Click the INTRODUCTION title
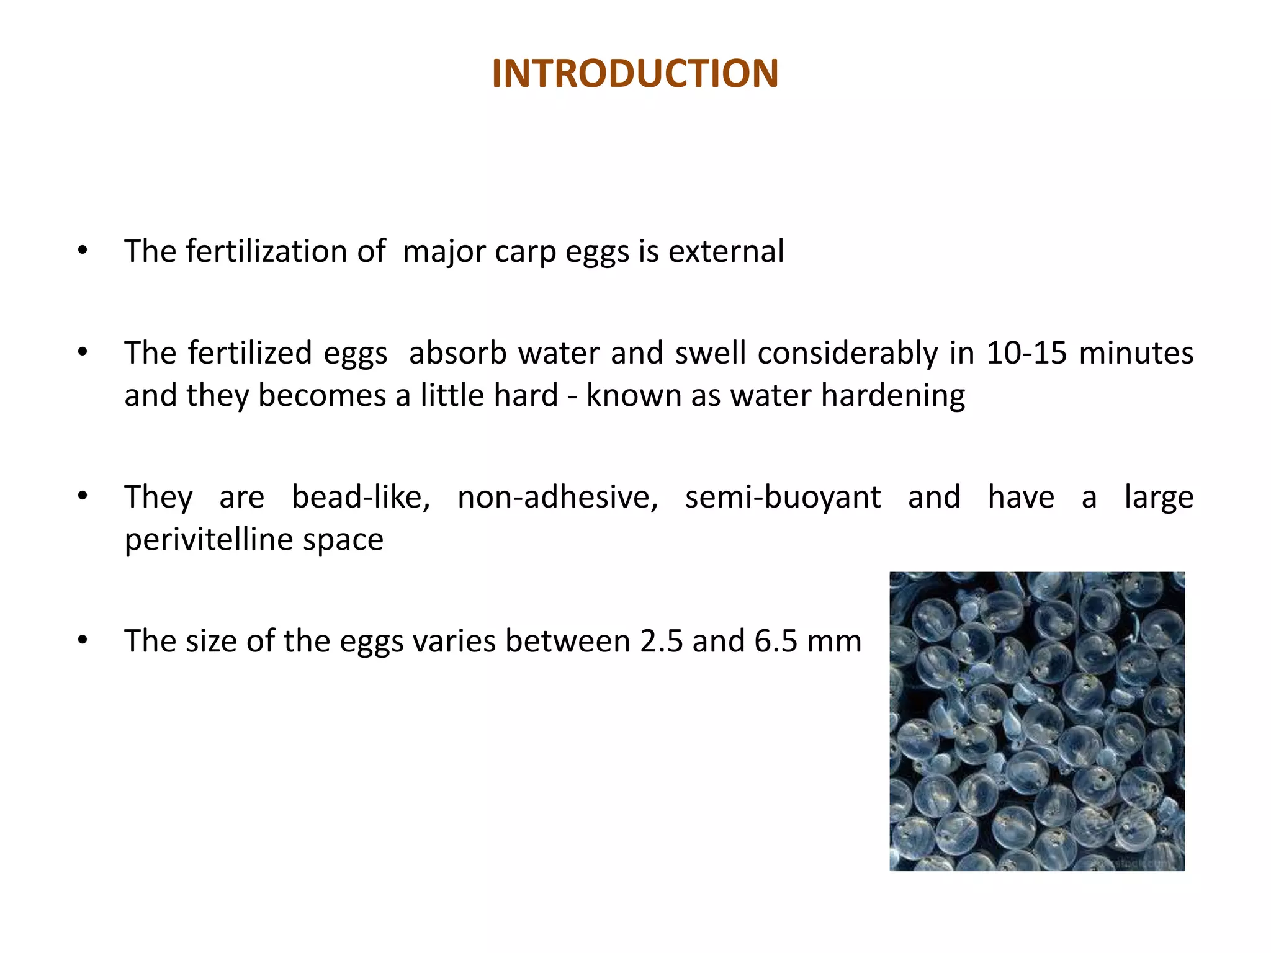635,73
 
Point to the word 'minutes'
1136,353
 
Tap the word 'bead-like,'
361,497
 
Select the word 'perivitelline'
207,540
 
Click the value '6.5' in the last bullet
776,641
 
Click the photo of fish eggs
1037,721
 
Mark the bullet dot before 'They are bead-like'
83,496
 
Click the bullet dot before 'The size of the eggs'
83,640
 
